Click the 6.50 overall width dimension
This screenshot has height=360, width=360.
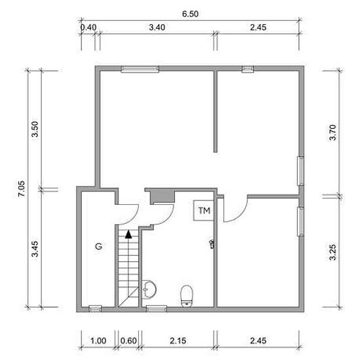click(190, 14)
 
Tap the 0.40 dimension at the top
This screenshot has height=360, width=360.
click(88, 27)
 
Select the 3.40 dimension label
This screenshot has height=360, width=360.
click(157, 27)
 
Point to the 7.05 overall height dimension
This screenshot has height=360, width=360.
click(22, 189)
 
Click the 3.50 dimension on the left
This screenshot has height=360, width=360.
click(35, 129)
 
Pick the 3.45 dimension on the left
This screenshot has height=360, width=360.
click(35, 249)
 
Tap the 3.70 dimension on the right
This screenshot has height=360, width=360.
click(333, 132)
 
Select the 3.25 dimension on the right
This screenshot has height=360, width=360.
click(333, 252)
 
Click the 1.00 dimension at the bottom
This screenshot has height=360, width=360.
click(98, 341)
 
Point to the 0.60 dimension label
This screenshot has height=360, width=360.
click(128, 341)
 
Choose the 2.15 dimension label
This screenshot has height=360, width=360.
click(178, 341)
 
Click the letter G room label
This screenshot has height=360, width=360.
click(98, 246)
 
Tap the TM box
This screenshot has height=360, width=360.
click(204, 211)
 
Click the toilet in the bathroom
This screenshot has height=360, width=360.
click(187, 296)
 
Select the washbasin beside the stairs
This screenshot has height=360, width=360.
click(149, 290)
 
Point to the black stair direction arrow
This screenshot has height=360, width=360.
click(128, 234)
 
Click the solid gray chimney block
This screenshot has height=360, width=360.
click(162, 196)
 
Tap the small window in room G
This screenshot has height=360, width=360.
click(96, 308)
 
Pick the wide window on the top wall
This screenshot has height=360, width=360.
click(140, 69)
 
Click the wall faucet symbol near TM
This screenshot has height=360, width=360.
click(212, 244)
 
